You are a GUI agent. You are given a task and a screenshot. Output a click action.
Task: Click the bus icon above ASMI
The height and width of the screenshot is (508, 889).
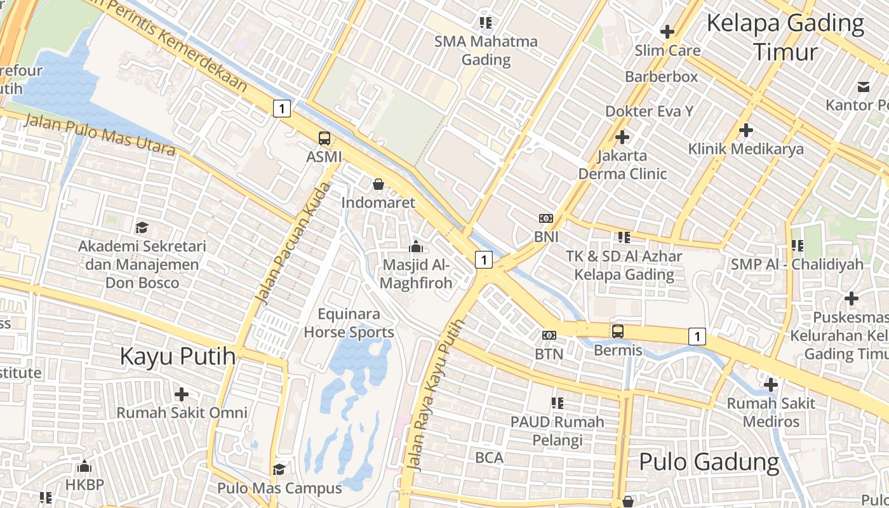pos(324,138)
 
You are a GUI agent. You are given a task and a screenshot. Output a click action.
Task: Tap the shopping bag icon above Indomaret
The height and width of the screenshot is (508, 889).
pos(378,184)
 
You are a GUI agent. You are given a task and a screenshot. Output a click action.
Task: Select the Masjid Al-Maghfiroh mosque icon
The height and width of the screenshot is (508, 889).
pos(416,246)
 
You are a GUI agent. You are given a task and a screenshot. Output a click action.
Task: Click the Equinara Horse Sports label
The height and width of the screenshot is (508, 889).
pos(349,323)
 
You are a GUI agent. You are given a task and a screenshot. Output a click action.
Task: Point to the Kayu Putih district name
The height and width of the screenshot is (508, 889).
pos(178,356)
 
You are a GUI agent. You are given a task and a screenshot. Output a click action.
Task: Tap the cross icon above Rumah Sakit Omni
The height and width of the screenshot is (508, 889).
pos(182,394)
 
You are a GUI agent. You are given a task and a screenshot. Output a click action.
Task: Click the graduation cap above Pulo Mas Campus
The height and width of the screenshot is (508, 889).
pos(279,469)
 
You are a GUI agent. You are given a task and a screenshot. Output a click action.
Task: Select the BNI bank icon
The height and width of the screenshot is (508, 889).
pos(545,218)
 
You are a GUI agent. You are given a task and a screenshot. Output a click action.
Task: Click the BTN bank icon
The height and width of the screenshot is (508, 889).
pos(549,335)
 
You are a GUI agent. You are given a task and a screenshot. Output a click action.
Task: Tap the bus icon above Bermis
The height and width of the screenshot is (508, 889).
pos(617,331)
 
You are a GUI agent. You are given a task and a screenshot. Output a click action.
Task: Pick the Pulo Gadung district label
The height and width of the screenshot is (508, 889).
pos(709,462)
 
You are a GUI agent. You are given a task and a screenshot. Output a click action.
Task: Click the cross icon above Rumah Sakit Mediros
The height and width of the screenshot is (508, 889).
pos(771,384)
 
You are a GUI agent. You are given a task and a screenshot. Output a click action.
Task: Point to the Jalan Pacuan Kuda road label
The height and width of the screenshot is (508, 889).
pos(292,243)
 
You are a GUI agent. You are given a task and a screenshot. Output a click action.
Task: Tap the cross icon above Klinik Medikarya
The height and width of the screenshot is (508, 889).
pos(746,130)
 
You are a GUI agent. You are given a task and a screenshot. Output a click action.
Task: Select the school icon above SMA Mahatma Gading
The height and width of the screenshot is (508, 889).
pos(486,23)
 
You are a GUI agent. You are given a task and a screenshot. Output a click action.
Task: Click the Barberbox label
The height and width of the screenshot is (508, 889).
pos(661,77)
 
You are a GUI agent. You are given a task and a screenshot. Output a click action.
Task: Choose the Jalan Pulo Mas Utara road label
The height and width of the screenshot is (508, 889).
pos(100,135)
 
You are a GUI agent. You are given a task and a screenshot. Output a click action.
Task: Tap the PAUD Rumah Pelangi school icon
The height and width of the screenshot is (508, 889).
pos(558,403)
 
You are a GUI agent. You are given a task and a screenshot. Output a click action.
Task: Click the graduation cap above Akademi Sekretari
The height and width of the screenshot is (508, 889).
pos(142,227)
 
